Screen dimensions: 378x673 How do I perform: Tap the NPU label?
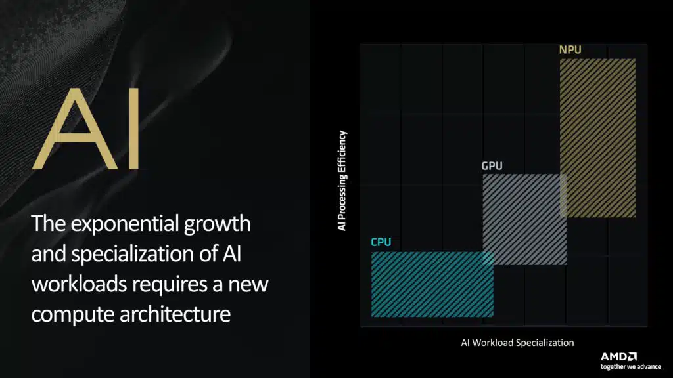pos(570,50)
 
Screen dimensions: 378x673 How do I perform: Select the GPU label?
pos(492,166)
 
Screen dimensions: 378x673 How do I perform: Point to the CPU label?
pos(381,242)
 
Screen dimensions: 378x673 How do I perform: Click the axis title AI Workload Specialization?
pos(517,343)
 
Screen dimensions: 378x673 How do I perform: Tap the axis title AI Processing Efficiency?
pos(342,180)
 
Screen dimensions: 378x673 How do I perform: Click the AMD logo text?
pos(618,356)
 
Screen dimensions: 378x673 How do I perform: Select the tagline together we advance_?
pos(632,366)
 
